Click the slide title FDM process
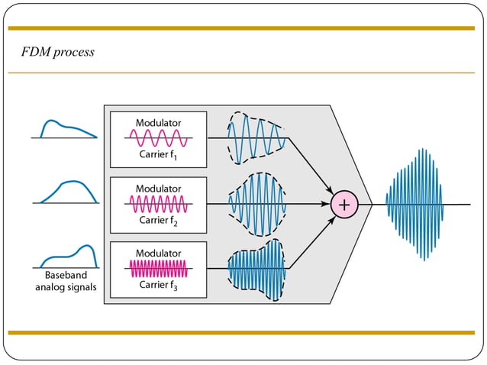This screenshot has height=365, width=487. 59,52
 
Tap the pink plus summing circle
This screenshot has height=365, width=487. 344,204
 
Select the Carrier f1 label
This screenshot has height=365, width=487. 158,154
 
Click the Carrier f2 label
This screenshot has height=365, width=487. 158,220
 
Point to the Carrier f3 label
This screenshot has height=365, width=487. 158,285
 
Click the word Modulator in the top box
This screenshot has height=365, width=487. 158,123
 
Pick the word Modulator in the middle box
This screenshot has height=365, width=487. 158,188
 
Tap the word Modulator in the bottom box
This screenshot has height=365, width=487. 158,253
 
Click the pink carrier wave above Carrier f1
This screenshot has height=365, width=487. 158,138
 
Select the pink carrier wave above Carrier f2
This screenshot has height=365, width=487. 158,204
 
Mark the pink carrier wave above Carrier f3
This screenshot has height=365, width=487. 158,269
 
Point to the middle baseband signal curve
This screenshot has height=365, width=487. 70,192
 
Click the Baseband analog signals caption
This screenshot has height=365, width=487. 64,282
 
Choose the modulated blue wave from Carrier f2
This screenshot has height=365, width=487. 257,204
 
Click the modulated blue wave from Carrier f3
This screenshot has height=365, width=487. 257,269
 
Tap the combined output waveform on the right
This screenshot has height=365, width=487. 415,204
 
